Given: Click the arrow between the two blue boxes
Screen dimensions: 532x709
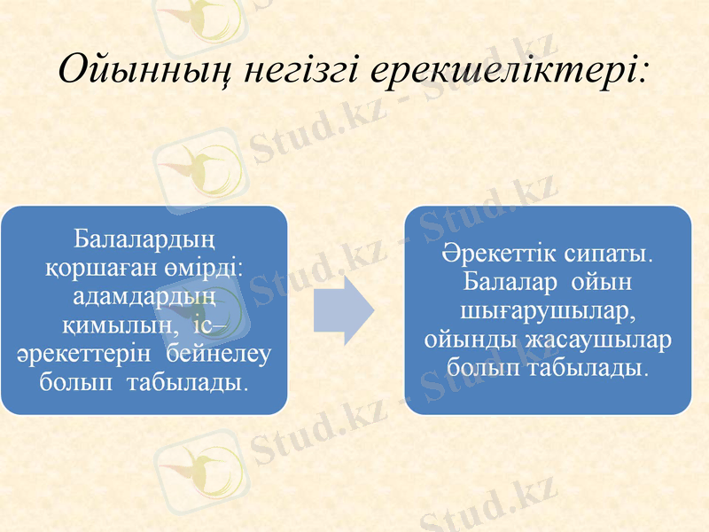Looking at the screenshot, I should point(345,309).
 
